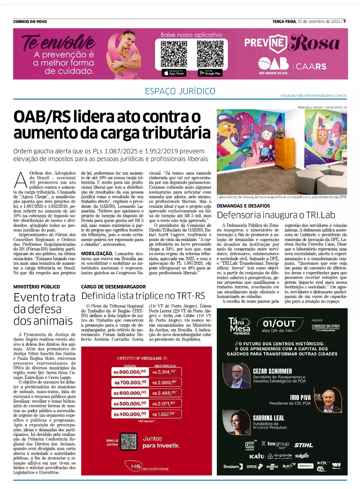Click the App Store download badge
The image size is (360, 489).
pyautogui.click(x=174, y=73)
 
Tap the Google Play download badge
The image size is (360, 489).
pyautogui.click(x=210, y=73)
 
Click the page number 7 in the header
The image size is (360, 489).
pyautogui.click(x=344, y=21)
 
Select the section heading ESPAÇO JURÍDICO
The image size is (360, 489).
pyautogui.click(x=180, y=91)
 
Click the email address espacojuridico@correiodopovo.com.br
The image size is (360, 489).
pyautogui.click(x=313, y=95)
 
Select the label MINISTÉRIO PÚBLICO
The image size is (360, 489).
pyautogui.click(x=37, y=287)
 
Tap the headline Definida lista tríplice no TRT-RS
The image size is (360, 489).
pyautogui.click(x=143, y=296)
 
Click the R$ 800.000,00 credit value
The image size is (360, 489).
pyautogui.click(x=129, y=371)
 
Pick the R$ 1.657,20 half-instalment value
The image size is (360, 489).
pyautogui.click(x=164, y=414)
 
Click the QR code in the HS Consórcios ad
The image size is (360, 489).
pyautogui.click(x=128, y=441)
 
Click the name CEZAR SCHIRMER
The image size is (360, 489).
pyautogui.click(x=273, y=371)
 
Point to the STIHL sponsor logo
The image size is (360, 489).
pyautogui.click(x=303, y=445)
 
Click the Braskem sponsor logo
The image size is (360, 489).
pyautogui.click(x=233, y=466)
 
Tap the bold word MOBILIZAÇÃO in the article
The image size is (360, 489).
pyautogui.click(x=96, y=253)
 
